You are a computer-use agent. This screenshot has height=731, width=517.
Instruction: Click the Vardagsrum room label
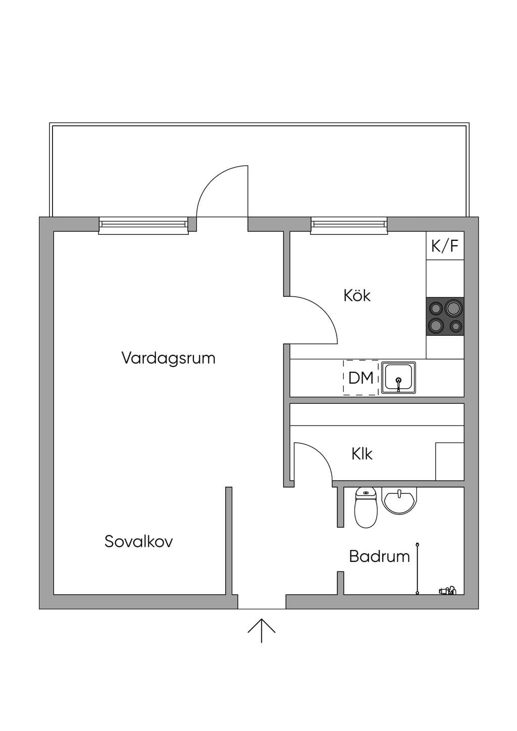[169, 358]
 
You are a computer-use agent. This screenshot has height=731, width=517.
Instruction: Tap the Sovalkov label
[138, 541]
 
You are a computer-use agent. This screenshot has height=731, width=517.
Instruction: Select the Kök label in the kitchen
[357, 295]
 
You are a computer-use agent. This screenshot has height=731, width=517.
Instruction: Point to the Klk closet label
[362, 454]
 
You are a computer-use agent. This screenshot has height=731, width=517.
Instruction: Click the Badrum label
[379, 556]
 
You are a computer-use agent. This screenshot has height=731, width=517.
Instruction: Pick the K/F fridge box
[445, 246]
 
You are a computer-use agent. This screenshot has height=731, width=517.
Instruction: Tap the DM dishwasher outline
[360, 378]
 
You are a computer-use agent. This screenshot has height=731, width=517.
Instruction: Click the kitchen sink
[398, 377]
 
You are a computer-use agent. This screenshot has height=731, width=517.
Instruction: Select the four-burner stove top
[445, 317]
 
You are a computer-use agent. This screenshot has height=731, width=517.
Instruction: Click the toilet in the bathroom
[366, 512]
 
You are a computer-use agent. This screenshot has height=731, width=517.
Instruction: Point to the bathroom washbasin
[399, 502]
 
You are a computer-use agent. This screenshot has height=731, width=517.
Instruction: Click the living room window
[143, 225]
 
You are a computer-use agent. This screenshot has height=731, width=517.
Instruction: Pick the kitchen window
[349, 225]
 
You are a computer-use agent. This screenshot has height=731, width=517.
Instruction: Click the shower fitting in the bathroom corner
[447, 590]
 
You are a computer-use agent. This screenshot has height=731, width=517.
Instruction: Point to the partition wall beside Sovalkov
[229, 541]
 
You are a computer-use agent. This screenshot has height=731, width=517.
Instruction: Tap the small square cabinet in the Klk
[450, 461]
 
